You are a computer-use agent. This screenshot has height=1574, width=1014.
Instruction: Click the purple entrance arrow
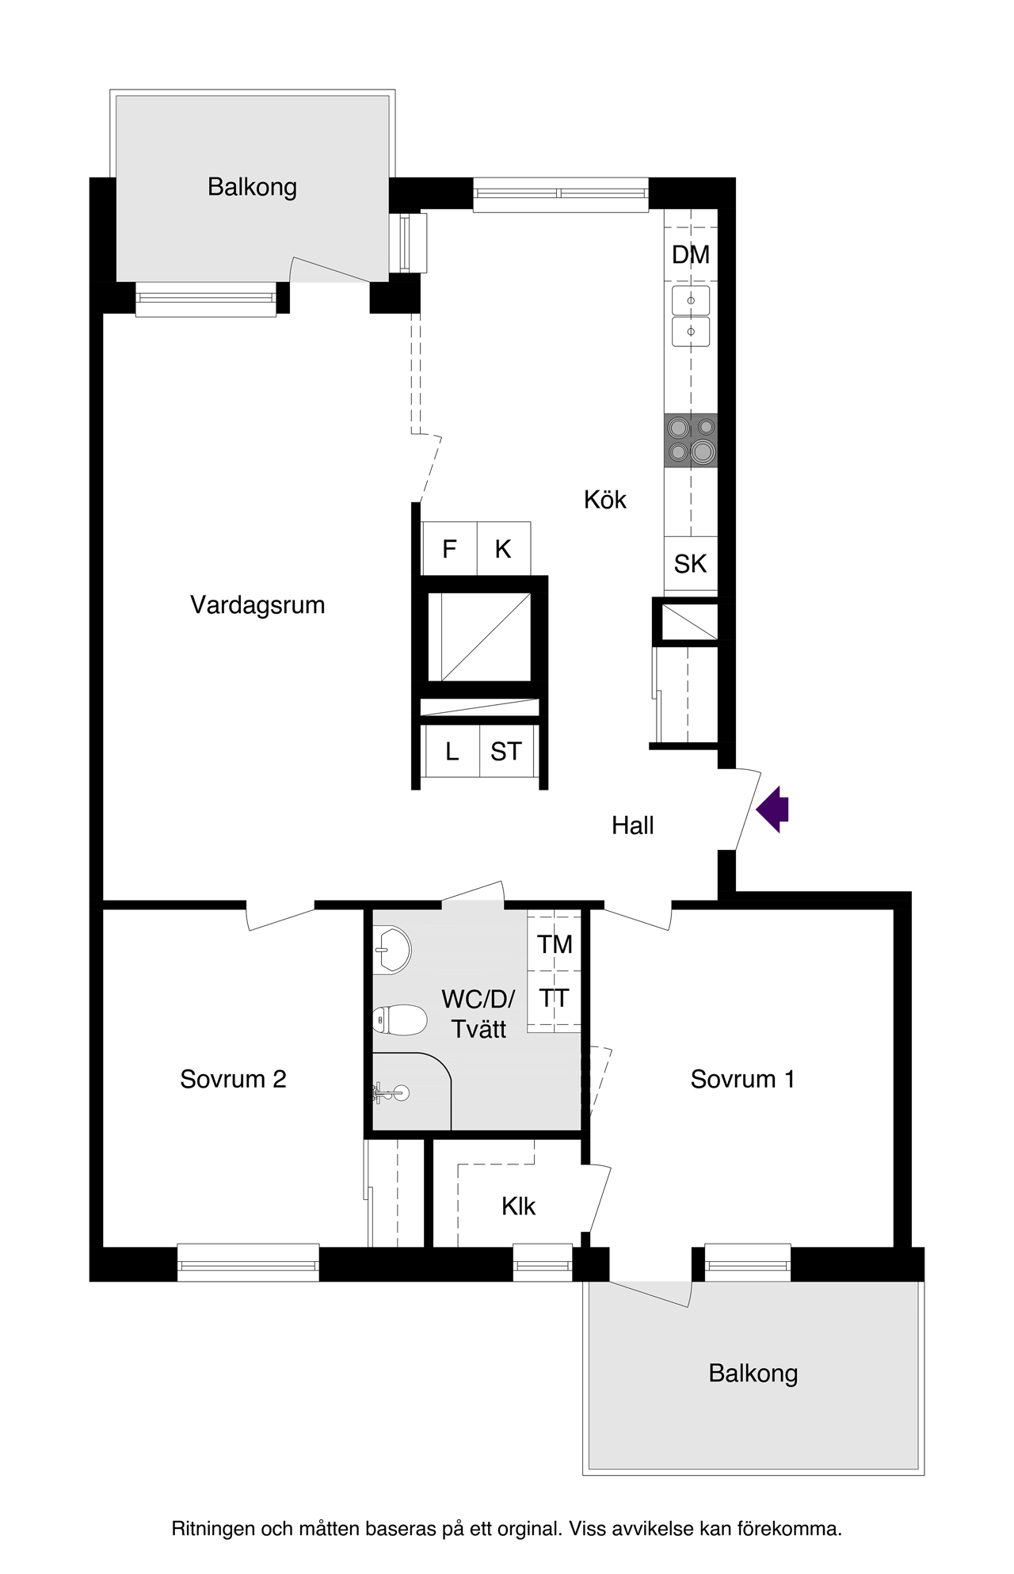(773, 809)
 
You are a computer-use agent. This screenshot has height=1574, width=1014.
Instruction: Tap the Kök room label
(604, 500)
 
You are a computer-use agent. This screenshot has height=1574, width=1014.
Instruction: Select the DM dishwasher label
(690, 255)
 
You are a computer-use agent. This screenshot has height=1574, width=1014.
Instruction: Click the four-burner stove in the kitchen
(691, 440)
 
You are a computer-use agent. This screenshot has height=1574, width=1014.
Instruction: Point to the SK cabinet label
(690, 564)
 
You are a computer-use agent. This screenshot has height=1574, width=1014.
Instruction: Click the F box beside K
(449, 549)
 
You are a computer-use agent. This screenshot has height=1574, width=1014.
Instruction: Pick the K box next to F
(503, 549)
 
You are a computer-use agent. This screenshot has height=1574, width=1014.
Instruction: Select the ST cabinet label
(506, 751)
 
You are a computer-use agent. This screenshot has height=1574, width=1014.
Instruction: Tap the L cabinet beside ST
(452, 751)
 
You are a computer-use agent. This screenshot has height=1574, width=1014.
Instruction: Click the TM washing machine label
(555, 944)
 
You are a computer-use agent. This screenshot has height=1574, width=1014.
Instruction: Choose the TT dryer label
(555, 999)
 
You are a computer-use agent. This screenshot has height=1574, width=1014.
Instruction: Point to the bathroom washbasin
(391, 949)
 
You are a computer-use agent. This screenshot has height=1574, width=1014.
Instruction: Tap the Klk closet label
(518, 1206)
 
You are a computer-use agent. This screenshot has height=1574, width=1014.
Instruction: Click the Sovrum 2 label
(233, 1079)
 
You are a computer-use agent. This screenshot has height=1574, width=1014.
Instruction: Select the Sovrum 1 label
(742, 1079)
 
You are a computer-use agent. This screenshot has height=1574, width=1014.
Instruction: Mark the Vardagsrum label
(257, 605)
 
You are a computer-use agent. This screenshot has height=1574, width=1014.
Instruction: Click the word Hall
(632, 825)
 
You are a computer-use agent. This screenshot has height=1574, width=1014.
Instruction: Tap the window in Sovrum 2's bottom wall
(248, 1263)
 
